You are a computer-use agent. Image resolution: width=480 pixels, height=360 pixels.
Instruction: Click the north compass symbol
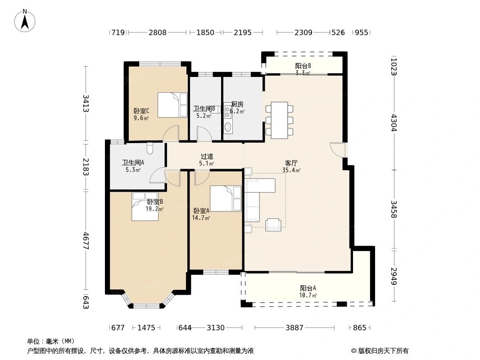coord(25,20)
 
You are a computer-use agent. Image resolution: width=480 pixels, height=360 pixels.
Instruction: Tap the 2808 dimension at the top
coord(158,32)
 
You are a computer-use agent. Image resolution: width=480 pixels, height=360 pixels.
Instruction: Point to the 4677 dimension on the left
coord(86,241)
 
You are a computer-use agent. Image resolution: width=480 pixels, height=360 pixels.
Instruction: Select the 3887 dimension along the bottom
coord(294,328)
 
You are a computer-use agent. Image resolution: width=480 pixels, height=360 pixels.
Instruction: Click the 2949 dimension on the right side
coord(394,276)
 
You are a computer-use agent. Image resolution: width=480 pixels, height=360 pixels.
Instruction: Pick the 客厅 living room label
coord(291,163)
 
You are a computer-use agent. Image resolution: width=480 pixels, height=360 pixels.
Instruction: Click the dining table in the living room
coord(280,120)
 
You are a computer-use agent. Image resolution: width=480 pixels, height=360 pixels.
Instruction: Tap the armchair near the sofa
coord(273,225)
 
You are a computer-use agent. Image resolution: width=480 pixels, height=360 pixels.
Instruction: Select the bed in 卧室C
coord(172,105)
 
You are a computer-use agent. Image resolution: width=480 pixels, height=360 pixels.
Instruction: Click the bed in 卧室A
coord(226,198)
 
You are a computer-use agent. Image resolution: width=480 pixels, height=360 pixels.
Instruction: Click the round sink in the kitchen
coord(227,127)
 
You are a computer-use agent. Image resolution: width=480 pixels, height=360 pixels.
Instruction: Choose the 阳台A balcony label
coord(308,288)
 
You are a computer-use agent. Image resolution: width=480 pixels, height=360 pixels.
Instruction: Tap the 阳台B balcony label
coord(303,66)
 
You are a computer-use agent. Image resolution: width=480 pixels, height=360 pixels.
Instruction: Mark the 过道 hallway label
coord(207,157)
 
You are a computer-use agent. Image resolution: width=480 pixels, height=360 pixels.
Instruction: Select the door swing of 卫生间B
coord(203,134)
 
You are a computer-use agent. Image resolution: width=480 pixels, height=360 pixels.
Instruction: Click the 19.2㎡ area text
coord(154,209)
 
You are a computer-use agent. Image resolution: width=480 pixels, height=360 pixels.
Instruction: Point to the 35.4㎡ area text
coord(291,171)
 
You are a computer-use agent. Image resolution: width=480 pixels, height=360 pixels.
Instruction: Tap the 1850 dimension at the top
coord(205,32)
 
